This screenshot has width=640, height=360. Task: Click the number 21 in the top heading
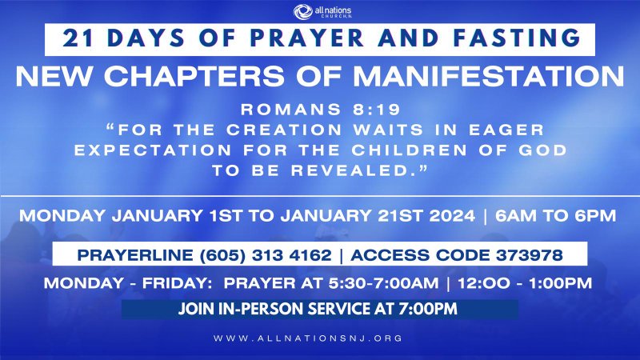pyautogui.click(x=75, y=38)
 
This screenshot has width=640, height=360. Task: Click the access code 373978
pyautogui.click(x=531, y=256)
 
